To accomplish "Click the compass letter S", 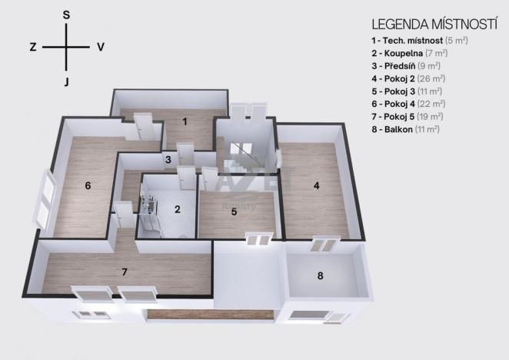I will pos(66,15).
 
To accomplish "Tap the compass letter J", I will pos(67,81).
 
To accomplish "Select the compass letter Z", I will pos(33,47).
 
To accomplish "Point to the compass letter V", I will pos(101,47).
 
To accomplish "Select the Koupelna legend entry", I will pos(401,53).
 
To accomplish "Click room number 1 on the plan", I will pos(185,121).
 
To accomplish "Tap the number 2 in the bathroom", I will pos(177,208).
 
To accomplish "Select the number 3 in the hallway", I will pos(167,160).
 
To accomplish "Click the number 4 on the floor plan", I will pos(315,185).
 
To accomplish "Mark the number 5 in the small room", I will pos(234,212).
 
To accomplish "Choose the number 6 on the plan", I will pos(88,185).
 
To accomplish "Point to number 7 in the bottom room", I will pos(125,271).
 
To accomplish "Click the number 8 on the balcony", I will pos(321,275).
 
